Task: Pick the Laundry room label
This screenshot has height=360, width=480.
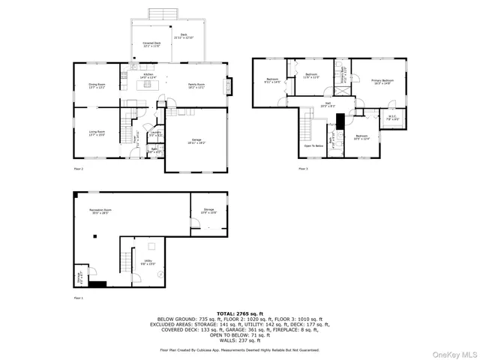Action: (155, 133)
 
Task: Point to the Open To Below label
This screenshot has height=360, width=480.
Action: (313, 145)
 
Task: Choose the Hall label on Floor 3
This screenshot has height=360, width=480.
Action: (328, 105)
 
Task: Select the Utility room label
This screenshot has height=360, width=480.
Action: (148, 262)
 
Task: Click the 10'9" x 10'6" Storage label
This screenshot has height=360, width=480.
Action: (208, 211)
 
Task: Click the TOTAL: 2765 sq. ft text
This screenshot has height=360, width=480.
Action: (239, 313)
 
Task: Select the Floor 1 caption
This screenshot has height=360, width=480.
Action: (78, 298)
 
